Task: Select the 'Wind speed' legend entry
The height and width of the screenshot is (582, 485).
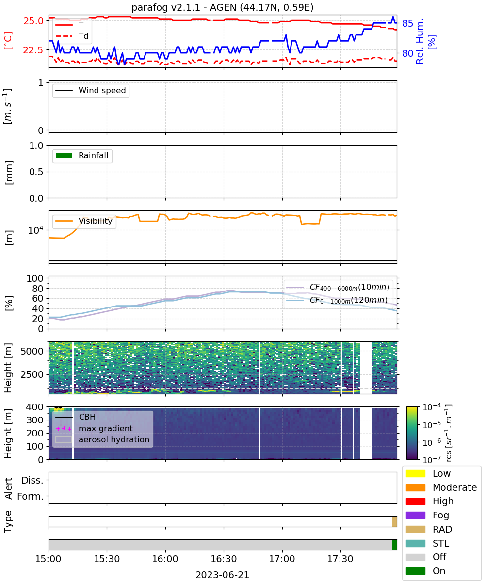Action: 91,90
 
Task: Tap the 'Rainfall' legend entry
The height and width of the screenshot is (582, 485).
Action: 82,155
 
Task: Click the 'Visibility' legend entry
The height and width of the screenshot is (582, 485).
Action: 83,221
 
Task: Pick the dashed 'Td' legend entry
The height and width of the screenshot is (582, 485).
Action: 72,36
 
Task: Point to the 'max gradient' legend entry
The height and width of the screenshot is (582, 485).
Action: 94,428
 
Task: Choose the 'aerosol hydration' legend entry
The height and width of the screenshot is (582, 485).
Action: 102,439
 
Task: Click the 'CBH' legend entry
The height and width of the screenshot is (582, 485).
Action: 76,417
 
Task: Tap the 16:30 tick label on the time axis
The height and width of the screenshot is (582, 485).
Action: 224,559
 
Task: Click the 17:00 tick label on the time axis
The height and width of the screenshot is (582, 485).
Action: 282,559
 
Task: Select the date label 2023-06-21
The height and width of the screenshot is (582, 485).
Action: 223,575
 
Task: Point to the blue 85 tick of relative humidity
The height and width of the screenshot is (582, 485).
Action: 407,23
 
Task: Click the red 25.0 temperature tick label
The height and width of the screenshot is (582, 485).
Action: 33,21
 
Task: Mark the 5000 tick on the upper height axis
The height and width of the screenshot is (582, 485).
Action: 32,351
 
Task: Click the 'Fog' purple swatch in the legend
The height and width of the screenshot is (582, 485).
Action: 415,516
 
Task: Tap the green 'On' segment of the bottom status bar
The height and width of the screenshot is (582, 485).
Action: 394,545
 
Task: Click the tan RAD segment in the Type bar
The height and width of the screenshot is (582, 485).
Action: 394,521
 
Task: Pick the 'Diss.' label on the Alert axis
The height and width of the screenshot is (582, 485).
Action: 32,480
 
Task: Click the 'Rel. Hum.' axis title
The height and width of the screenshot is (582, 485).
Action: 420,41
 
